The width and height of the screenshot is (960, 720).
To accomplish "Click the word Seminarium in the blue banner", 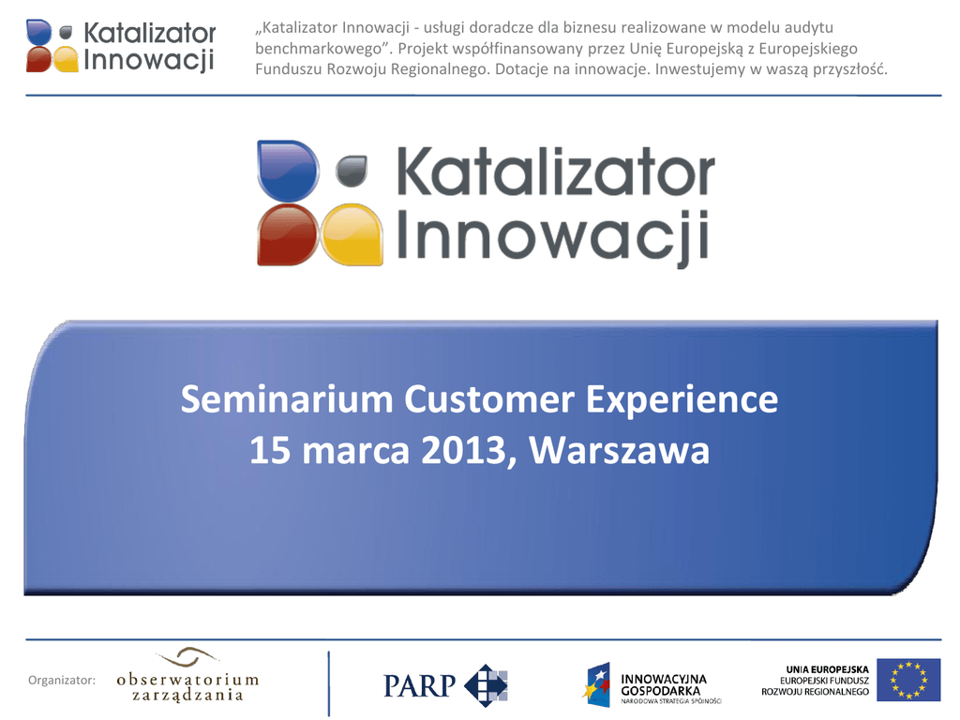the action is click(x=287, y=399).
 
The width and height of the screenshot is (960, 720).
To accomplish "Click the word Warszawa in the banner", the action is click(x=619, y=451).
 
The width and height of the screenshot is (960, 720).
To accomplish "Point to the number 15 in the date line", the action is click(x=270, y=451).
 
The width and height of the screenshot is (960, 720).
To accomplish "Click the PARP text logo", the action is click(x=419, y=685).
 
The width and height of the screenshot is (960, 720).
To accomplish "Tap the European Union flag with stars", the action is click(x=907, y=680).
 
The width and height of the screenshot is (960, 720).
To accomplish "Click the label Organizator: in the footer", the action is click(x=62, y=681).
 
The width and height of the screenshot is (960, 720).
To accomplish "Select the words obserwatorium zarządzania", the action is click(x=187, y=687).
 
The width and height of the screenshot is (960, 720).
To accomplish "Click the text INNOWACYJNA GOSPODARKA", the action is click(x=664, y=684).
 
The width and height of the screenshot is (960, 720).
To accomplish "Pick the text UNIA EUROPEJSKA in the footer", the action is click(x=828, y=669).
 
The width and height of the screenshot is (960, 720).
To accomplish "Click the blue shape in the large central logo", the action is click(x=288, y=171).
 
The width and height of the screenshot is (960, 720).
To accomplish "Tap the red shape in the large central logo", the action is click(x=288, y=235).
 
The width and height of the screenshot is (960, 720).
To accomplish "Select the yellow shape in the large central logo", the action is click(x=352, y=235).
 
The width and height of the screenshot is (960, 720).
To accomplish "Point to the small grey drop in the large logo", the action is click(x=352, y=171).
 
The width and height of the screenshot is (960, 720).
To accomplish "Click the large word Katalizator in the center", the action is click(x=556, y=172).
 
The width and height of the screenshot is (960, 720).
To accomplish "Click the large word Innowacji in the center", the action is click(x=553, y=236).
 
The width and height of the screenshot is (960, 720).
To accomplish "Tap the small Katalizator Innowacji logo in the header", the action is click(x=121, y=46).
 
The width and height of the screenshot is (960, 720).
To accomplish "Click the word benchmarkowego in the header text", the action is click(x=319, y=49).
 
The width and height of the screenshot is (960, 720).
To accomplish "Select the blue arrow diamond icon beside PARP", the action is click(x=487, y=685).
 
